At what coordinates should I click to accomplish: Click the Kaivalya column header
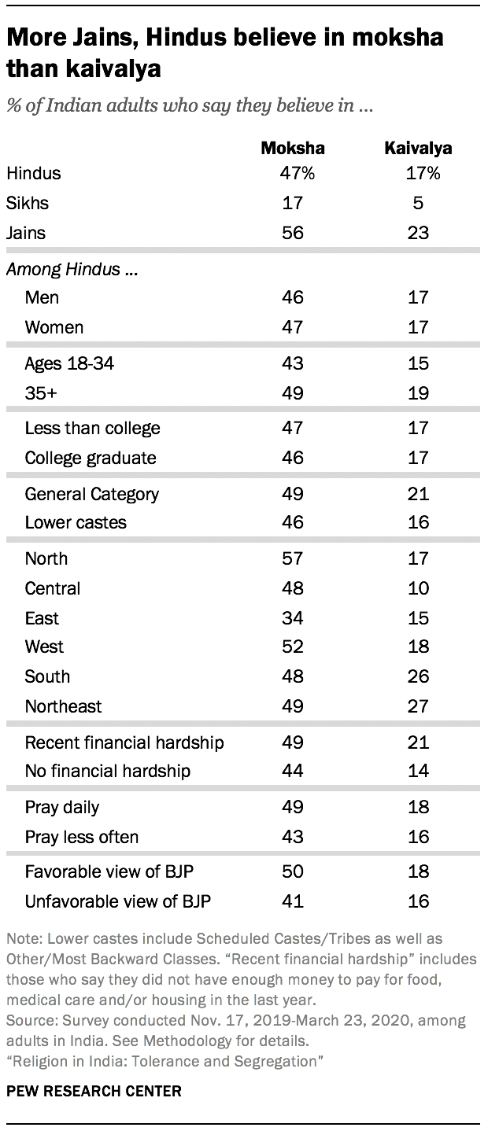[418, 148]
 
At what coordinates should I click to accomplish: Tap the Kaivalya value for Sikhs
[418, 203]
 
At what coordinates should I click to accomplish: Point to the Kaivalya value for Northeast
[418, 706]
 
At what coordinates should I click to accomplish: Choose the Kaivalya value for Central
[418, 588]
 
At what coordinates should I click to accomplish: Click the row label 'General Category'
[92, 494]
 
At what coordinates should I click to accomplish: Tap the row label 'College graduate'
[91, 458]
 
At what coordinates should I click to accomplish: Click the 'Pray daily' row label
[62, 807]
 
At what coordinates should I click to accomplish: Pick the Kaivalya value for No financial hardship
[418, 771]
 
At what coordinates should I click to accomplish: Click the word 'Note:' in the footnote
[24, 938]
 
